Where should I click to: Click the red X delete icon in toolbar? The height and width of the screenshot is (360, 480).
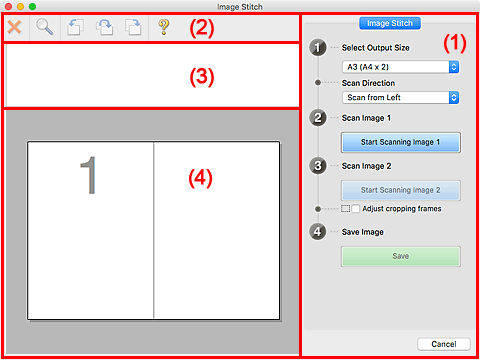[x=17, y=28]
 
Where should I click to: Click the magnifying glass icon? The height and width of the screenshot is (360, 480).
[x=46, y=28]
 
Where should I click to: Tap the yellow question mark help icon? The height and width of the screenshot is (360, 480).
[x=164, y=28]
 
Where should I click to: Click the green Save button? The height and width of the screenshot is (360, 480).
[x=400, y=256]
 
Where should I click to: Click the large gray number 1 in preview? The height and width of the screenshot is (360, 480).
[x=90, y=176]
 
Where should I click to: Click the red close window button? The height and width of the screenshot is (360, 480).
[x=9, y=6]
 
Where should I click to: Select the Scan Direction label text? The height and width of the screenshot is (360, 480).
[x=370, y=82]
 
